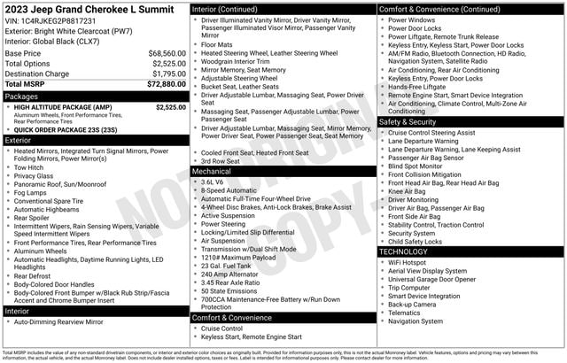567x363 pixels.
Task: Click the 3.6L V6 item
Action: point(211,181)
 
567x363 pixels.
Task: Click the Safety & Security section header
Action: point(412,121)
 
